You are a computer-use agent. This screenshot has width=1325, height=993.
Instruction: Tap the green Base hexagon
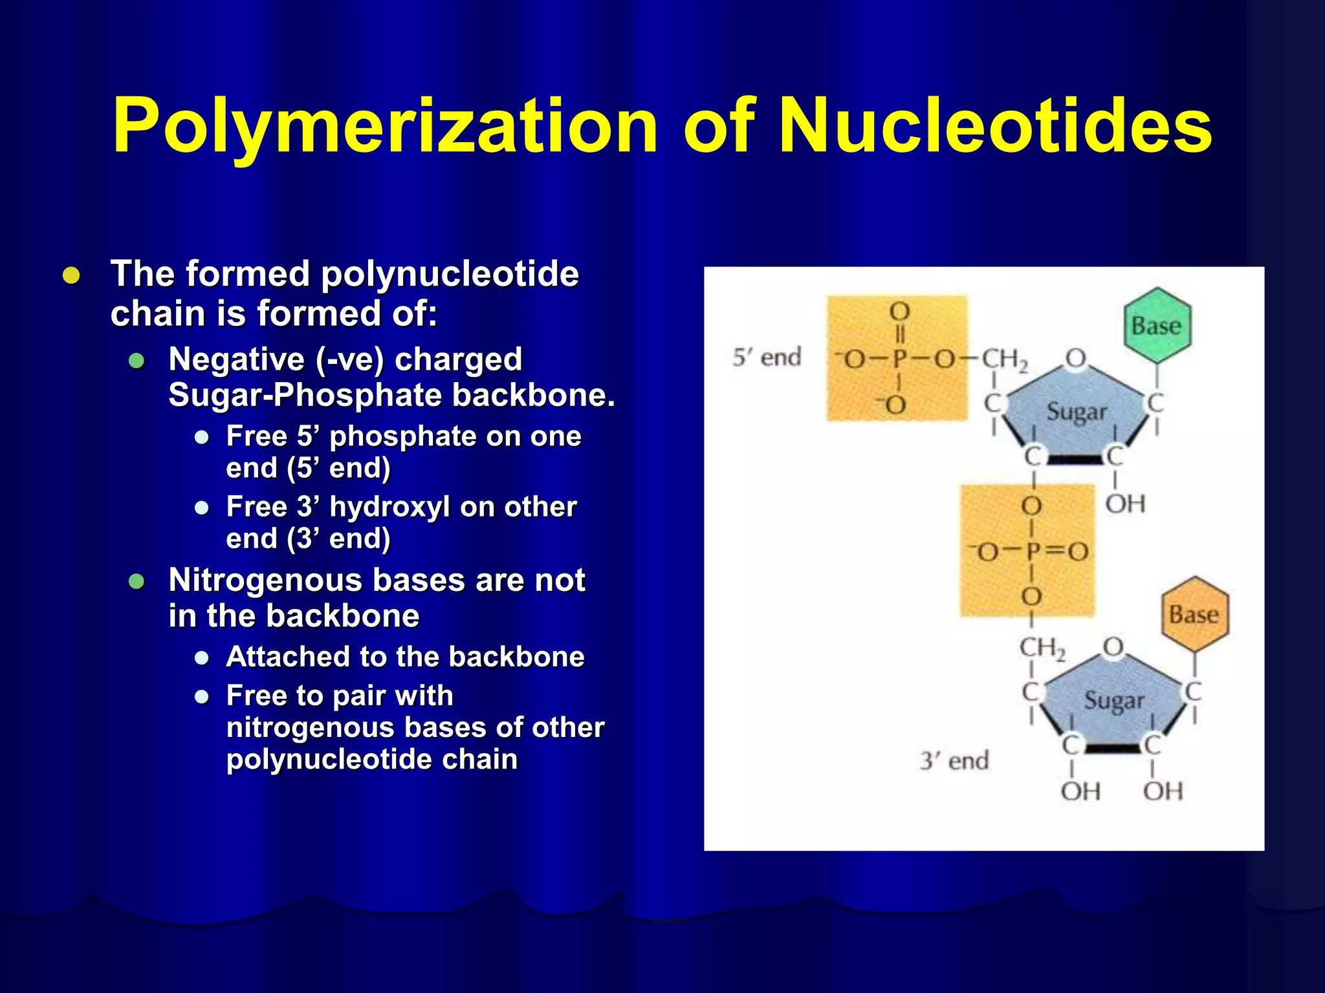click(x=1157, y=325)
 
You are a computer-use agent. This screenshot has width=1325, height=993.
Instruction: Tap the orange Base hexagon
click(x=1194, y=614)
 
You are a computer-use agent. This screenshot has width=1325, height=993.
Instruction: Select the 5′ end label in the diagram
click(x=767, y=357)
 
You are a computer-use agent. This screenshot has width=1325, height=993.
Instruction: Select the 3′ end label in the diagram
click(x=954, y=760)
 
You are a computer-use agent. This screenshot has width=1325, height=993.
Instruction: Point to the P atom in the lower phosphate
click(x=1033, y=551)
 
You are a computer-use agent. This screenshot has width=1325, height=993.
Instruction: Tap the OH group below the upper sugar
click(x=1125, y=504)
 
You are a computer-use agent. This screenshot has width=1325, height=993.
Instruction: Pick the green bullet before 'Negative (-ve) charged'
click(x=137, y=361)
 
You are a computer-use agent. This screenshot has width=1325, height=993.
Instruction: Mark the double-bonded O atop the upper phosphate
click(x=899, y=312)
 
